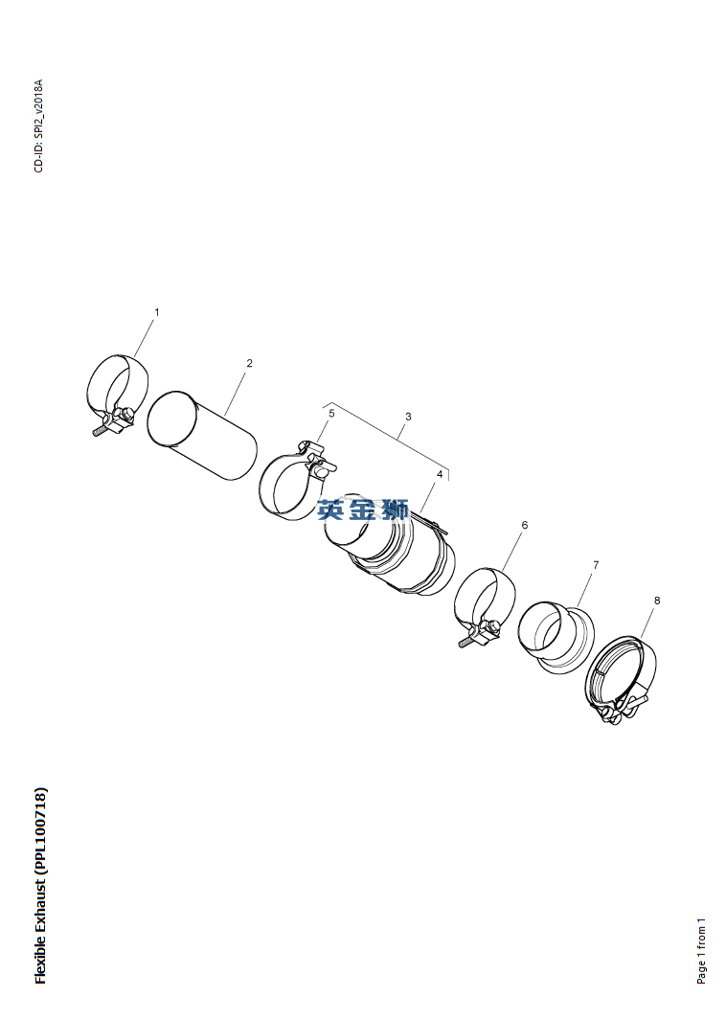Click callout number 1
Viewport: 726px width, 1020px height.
pyautogui.click(x=156, y=312)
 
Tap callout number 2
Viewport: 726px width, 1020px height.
pyautogui.click(x=249, y=363)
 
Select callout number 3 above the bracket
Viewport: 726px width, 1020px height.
pyautogui.click(x=408, y=417)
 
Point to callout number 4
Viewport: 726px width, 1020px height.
pyautogui.click(x=440, y=474)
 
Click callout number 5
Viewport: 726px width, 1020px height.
pyautogui.click(x=331, y=413)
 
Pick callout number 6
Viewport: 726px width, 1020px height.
pyautogui.click(x=524, y=525)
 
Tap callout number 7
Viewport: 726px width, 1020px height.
pyautogui.click(x=595, y=565)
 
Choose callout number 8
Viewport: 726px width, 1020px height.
pyautogui.click(x=656, y=601)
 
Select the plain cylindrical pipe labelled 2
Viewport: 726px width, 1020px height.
pyautogui.click(x=202, y=436)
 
